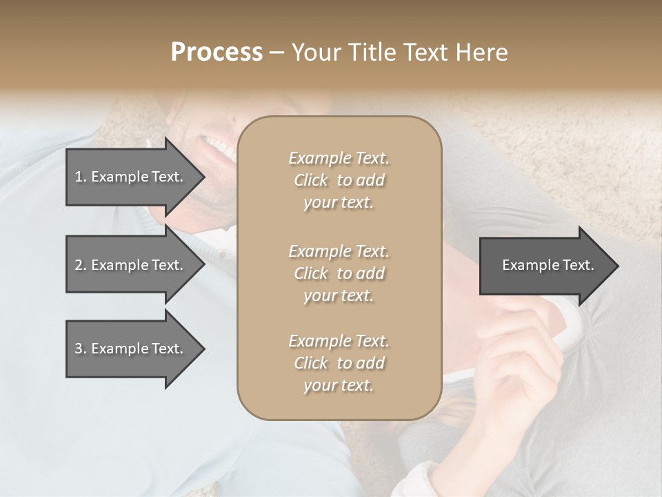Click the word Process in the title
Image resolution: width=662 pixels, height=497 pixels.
click(217, 52)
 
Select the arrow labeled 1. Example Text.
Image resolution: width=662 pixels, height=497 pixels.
click(131, 177)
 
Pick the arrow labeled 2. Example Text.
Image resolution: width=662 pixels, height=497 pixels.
click(131, 265)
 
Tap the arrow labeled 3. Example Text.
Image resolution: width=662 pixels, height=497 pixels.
click(131, 349)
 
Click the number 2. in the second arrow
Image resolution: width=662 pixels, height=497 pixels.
click(81, 265)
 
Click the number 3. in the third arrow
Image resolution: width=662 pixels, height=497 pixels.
click(81, 349)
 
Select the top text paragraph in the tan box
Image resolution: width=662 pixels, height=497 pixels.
click(339, 180)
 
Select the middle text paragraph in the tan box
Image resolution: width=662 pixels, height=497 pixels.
click(339, 273)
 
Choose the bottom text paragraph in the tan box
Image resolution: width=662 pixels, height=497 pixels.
click(339, 363)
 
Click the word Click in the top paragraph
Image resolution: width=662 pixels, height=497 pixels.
click(310, 180)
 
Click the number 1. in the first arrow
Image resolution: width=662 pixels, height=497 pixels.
click(81, 177)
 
